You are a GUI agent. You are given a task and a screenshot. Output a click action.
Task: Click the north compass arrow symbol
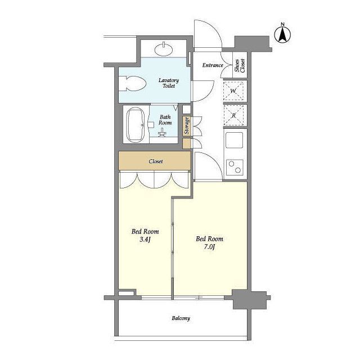click(x=282, y=35)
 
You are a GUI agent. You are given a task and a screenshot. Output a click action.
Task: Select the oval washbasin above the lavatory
click(x=164, y=49)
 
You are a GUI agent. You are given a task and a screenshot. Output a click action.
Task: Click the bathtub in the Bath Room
click(x=136, y=125)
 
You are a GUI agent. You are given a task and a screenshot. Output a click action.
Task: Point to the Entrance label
click(x=213, y=65)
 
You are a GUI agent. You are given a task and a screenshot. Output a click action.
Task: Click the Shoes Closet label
click(x=240, y=65)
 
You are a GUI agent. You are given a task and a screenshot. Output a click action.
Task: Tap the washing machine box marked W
click(x=233, y=91)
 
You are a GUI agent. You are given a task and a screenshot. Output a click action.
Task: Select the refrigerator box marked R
click(x=234, y=115)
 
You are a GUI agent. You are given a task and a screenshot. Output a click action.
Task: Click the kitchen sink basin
click(x=234, y=140)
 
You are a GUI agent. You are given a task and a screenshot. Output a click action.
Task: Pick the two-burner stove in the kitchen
click(x=235, y=167)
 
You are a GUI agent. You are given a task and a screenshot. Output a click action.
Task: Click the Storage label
click(x=187, y=126)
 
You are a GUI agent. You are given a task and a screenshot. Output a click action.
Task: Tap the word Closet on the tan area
click(x=156, y=161)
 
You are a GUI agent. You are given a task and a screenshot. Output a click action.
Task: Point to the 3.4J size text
click(x=145, y=240)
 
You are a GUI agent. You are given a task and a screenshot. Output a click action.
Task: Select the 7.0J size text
click(x=209, y=247)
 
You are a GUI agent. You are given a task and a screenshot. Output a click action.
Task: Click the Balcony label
click(x=181, y=318)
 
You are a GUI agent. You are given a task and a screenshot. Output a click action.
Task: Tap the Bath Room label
click(x=165, y=120)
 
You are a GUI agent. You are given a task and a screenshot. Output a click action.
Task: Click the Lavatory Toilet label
click(x=169, y=83)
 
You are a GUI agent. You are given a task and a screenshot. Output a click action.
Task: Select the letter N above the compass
click(x=283, y=24)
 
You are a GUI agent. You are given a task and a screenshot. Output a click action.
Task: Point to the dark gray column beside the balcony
click(x=250, y=299)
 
